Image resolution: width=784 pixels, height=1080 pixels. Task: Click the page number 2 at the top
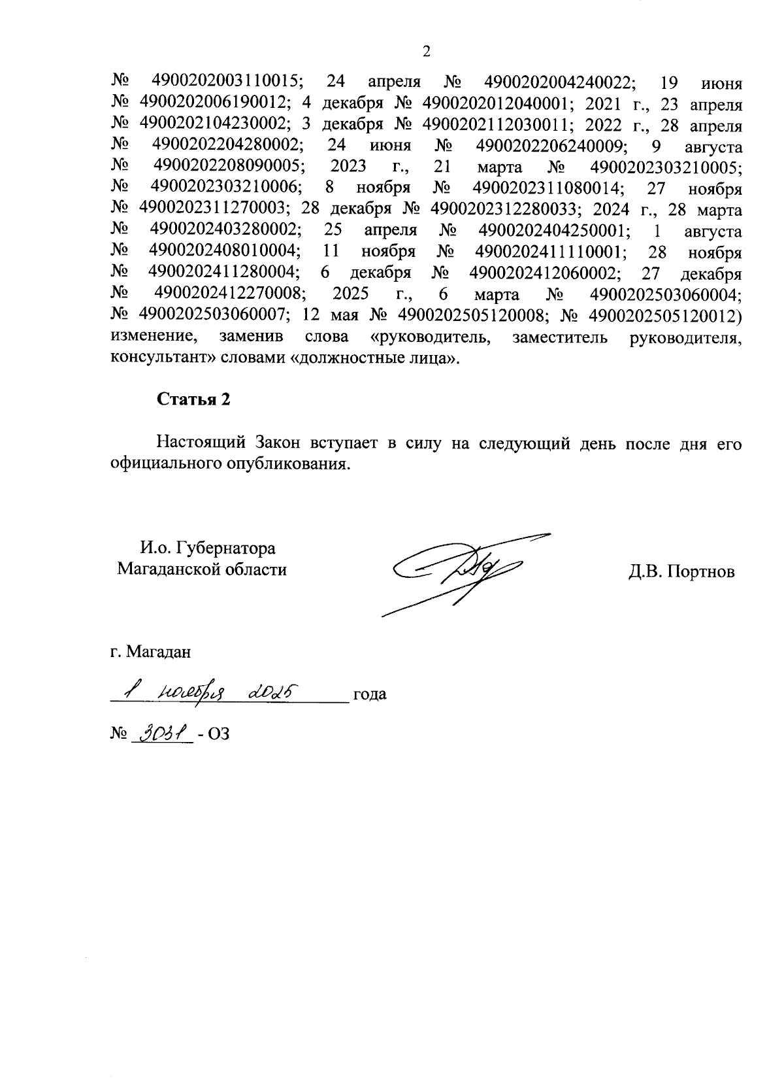pos(426,52)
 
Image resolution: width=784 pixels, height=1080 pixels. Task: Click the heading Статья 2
pos(193,400)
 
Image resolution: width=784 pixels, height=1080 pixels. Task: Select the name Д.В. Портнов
pos(681,572)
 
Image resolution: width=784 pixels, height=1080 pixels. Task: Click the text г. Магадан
pos(151,652)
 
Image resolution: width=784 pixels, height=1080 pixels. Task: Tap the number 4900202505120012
pos(662,316)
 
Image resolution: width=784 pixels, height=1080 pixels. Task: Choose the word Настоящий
pos(200,443)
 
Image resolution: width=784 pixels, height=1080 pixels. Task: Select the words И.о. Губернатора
pos(207,548)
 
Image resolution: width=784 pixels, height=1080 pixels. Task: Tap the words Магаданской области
pos(202,569)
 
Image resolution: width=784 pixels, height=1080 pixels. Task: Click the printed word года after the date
pos(370,694)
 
